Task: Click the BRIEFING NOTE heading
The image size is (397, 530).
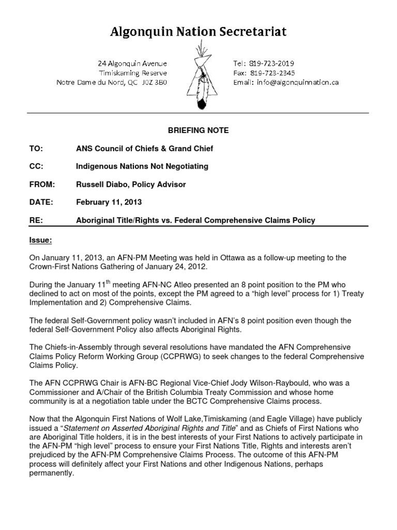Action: point(198,130)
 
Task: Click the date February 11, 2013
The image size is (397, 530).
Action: point(109,202)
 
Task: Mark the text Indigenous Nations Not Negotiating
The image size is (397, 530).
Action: point(142,166)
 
